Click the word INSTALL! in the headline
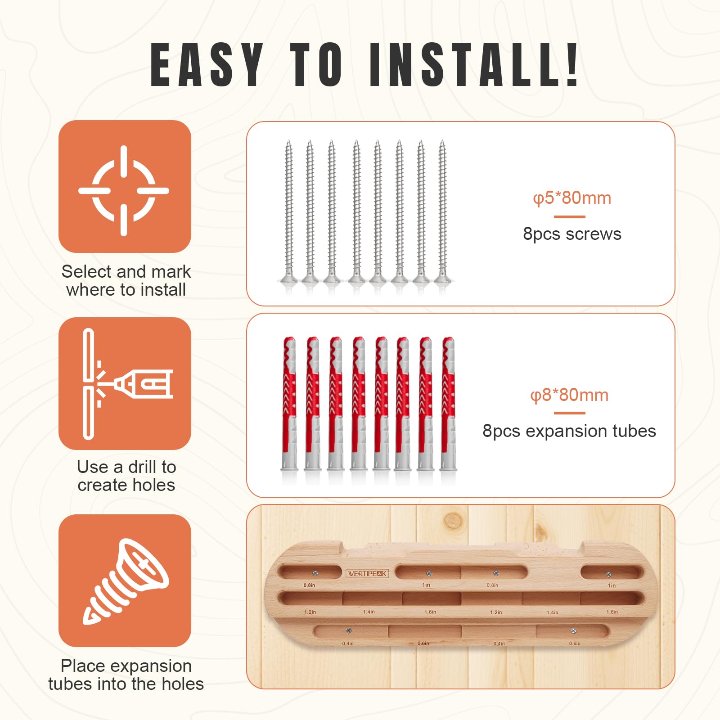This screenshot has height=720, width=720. pyautogui.click(x=474, y=64)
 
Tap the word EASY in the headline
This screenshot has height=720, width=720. pyautogui.click(x=207, y=64)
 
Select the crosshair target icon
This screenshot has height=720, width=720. pyautogui.click(x=124, y=190)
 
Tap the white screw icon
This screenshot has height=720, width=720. pyautogui.click(x=126, y=581)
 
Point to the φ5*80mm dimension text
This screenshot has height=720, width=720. pyautogui.click(x=572, y=198)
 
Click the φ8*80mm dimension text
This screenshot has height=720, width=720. pyautogui.click(x=569, y=395)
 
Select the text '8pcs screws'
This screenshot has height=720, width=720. pyautogui.click(x=572, y=234)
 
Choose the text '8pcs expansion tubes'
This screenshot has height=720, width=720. pyautogui.click(x=569, y=431)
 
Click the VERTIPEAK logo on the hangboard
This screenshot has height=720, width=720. pyautogui.click(x=367, y=573)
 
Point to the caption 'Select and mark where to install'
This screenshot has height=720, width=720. pyautogui.click(x=126, y=281)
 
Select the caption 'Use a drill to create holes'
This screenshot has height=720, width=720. pyautogui.click(x=126, y=476)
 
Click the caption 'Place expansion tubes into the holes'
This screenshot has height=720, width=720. pyautogui.click(x=126, y=675)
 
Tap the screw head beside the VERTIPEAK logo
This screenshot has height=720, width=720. pyautogui.click(x=315, y=573)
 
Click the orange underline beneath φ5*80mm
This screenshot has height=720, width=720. pyautogui.click(x=569, y=216)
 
